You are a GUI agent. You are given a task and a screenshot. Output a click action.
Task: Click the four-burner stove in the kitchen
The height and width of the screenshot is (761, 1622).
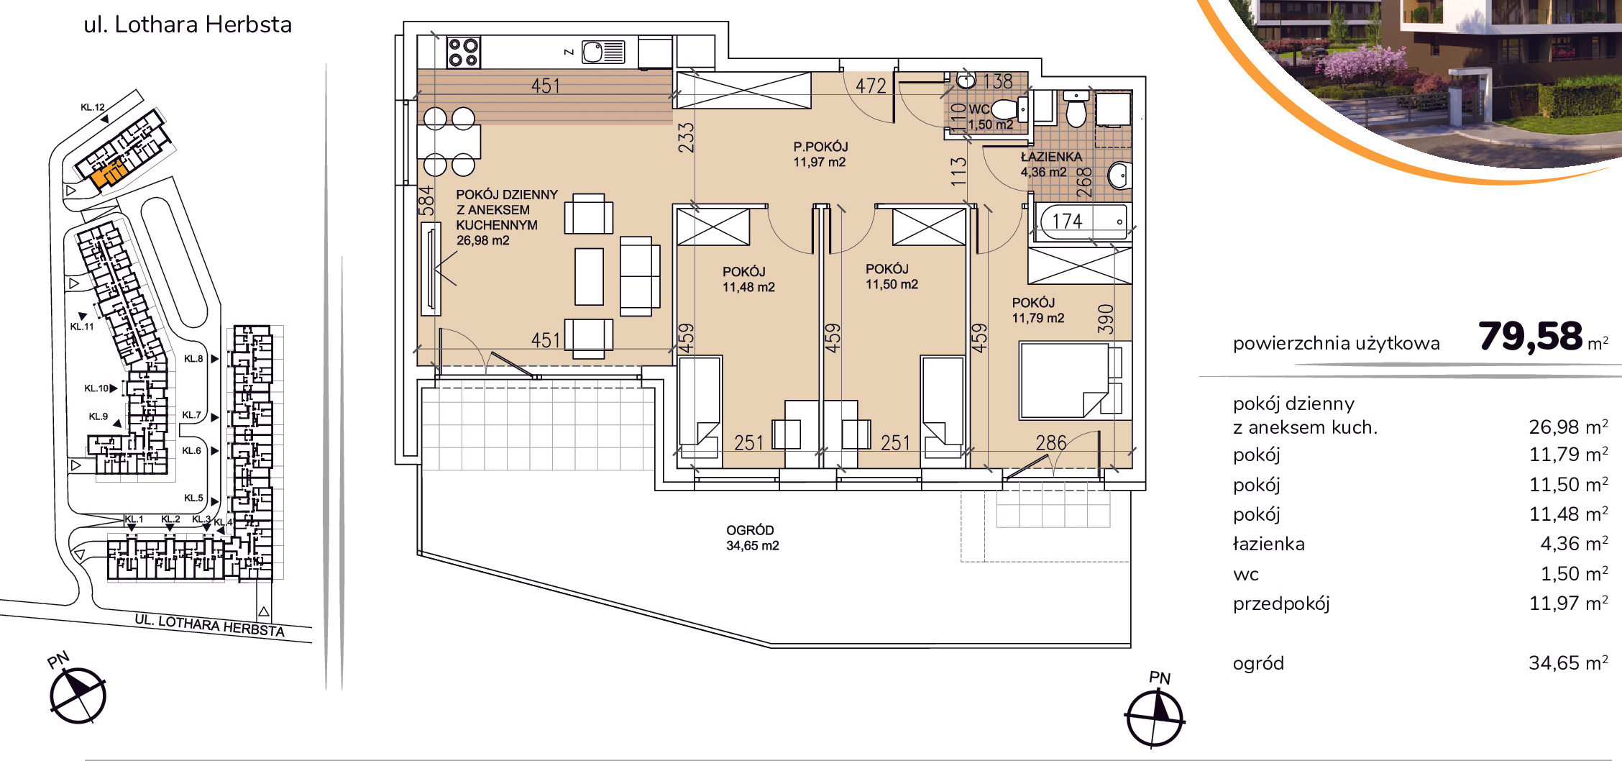(x=463, y=53)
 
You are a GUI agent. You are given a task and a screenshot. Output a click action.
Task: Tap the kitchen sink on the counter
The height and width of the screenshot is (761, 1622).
(x=603, y=52)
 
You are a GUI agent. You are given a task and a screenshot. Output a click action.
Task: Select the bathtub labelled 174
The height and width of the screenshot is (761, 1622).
(x=1081, y=222)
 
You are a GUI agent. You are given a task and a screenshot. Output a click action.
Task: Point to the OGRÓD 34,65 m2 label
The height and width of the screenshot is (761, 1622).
(x=752, y=538)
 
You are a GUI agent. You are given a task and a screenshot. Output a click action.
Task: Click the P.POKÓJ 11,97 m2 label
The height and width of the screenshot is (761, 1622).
(x=820, y=155)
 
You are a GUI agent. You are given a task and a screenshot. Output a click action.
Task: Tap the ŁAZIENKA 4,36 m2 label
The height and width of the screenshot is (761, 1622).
(x=1051, y=164)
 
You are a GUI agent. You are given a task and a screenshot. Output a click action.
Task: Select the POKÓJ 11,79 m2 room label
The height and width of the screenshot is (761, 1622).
(x=1037, y=311)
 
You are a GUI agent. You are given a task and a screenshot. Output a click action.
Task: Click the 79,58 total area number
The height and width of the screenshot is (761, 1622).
(x=1530, y=336)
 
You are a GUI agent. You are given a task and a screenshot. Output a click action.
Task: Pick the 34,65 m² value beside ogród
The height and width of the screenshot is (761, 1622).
(x=1568, y=663)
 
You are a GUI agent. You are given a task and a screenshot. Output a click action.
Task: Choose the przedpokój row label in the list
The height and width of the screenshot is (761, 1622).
(x=1281, y=604)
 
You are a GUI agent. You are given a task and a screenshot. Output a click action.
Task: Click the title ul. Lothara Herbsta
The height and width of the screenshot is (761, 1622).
(x=188, y=24)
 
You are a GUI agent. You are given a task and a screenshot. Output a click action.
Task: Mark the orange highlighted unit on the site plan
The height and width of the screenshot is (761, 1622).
(x=109, y=173)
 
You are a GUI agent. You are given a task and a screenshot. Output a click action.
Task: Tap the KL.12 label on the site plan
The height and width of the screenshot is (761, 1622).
(x=93, y=107)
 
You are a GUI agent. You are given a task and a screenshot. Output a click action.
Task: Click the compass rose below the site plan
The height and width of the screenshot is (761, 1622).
(x=78, y=696)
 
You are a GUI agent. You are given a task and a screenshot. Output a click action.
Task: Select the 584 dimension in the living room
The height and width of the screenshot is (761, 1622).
(x=426, y=201)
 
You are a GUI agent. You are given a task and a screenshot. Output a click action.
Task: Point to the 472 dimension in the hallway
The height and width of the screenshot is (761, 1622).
(x=871, y=86)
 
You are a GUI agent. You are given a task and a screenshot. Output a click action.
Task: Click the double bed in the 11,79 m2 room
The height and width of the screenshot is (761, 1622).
(x=1070, y=380)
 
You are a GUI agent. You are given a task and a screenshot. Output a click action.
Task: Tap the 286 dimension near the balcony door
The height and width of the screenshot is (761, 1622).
(x=1050, y=442)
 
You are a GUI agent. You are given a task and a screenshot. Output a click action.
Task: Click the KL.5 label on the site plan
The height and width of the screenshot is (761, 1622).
(x=193, y=498)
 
